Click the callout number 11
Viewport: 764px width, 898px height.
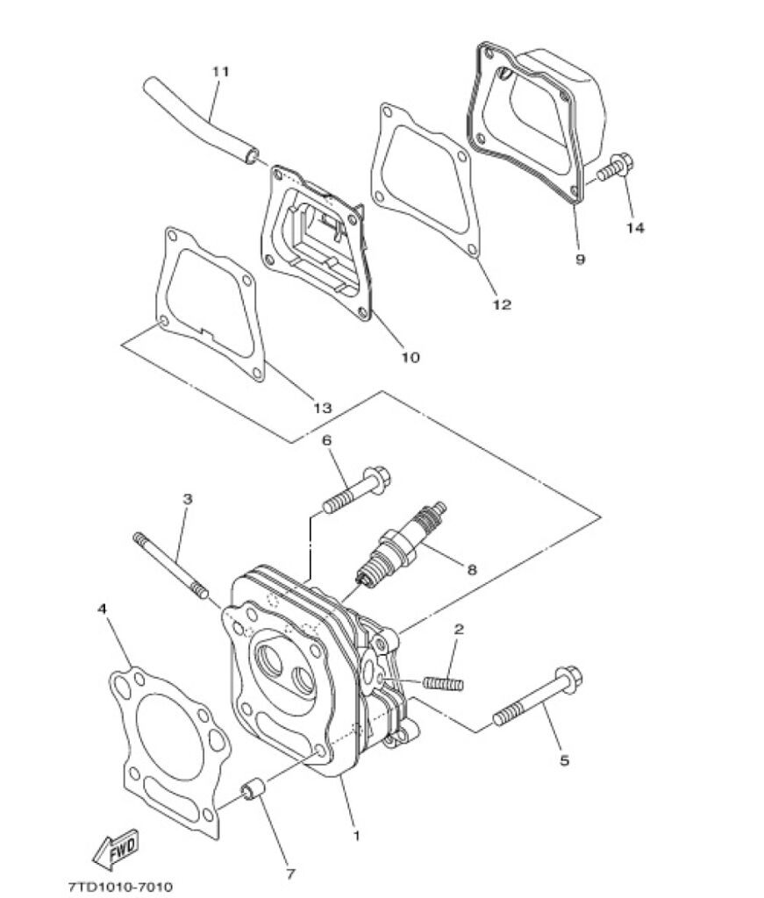[x=220, y=72]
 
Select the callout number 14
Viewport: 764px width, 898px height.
[x=634, y=228]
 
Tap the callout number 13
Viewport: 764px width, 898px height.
[x=323, y=408]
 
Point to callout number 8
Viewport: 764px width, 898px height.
[x=471, y=570]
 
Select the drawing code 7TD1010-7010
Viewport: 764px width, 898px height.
[x=120, y=887]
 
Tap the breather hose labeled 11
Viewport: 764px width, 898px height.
[x=202, y=119]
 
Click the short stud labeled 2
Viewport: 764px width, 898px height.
[x=443, y=683]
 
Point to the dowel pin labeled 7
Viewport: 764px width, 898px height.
[x=252, y=792]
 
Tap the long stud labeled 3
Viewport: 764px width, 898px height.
[x=171, y=566]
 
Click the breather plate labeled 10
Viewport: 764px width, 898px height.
[x=316, y=244]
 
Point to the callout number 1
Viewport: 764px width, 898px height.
[x=356, y=836]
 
